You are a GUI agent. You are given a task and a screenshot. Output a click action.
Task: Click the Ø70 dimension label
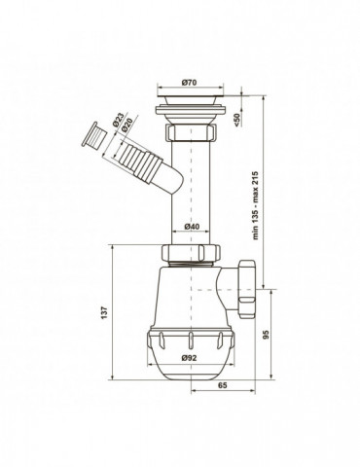point(190,83)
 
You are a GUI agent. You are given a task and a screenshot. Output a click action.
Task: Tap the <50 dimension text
point(236,120)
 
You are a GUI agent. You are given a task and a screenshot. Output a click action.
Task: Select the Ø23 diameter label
point(119,120)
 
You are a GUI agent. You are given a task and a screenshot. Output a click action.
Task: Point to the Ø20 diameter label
point(127,125)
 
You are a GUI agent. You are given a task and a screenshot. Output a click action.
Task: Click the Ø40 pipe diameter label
point(192,227)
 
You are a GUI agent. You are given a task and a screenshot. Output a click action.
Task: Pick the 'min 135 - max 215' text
point(256,205)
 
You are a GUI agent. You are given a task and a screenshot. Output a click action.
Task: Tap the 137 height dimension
point(104,312)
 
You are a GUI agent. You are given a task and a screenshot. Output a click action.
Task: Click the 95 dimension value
point(266,335)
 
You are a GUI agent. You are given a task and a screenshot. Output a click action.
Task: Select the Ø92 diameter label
point(190,358)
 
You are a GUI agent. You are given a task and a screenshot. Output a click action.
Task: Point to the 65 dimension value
point(223,385)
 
